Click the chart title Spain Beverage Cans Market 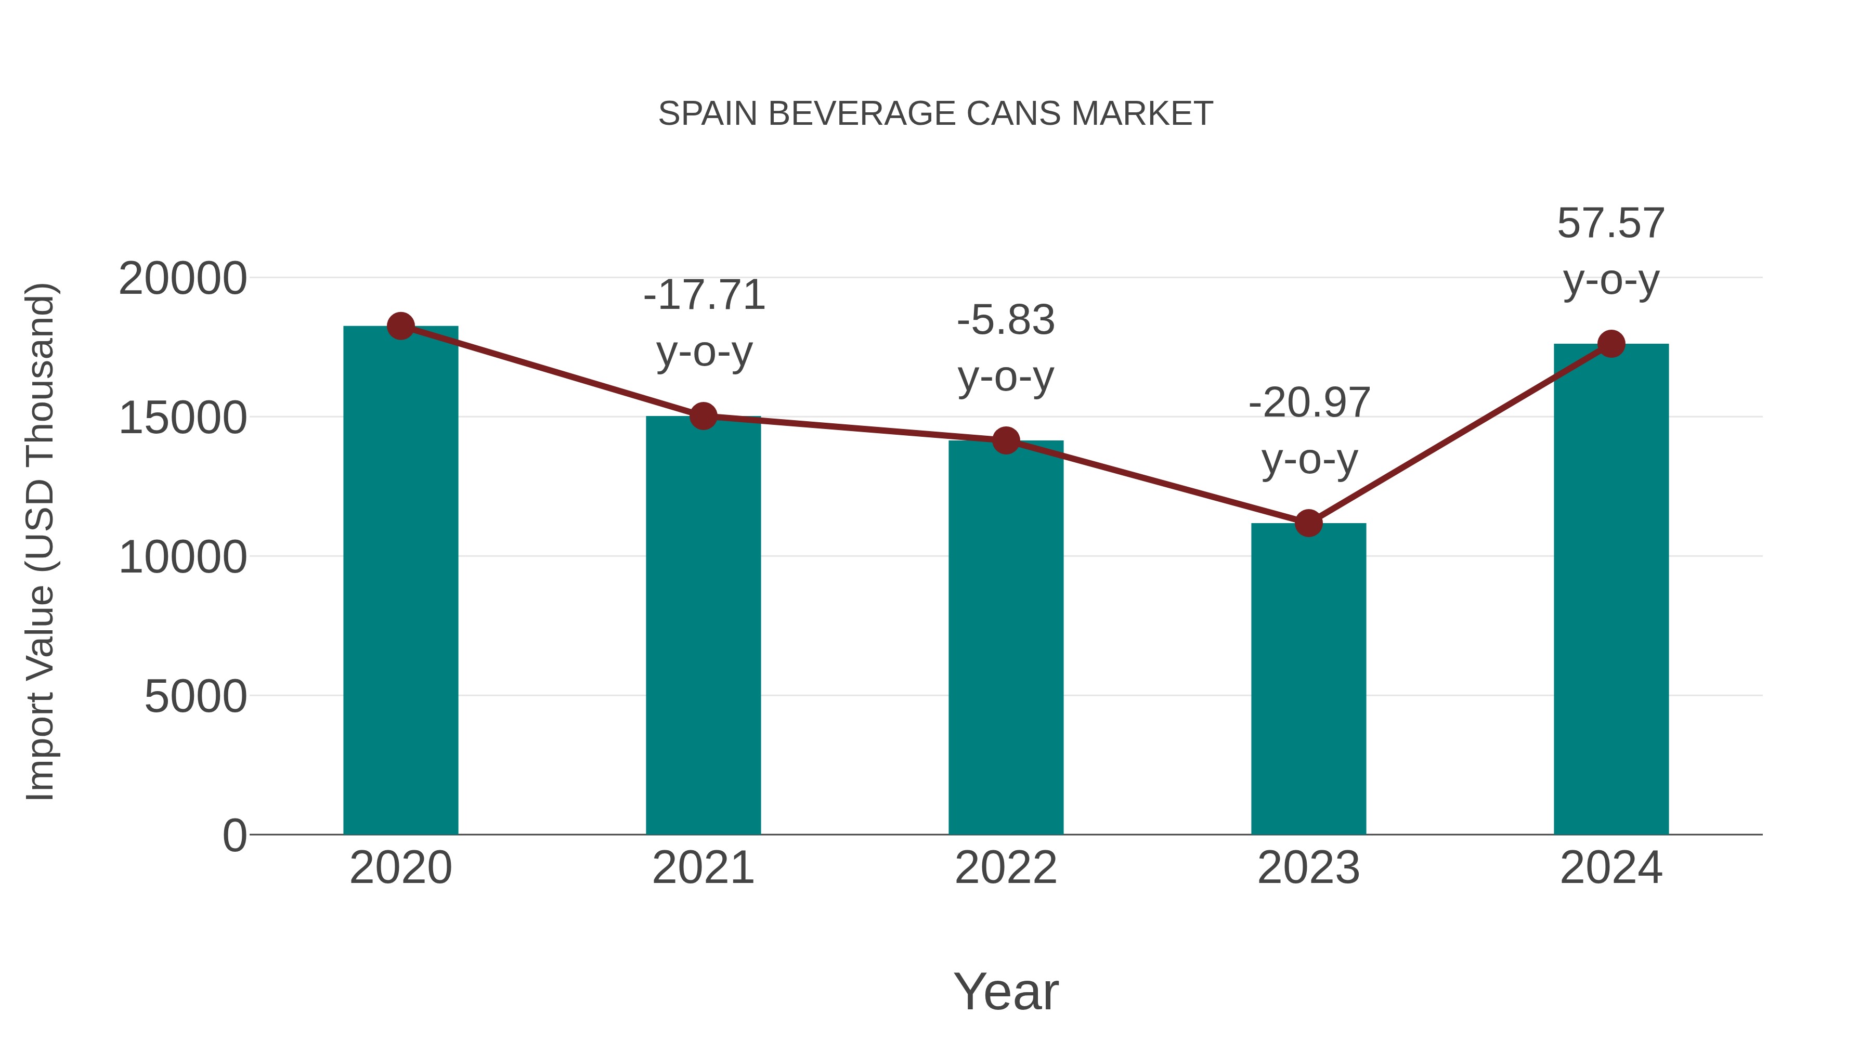[x=935, y=114]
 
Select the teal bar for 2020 [x=400, y=581]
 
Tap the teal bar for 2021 [x=703, y=625]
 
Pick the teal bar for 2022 [x=1006, y=640]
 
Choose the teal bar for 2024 [x=1611, y=589]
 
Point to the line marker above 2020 [x=400, y=326]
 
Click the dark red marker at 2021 [x=703, y=417]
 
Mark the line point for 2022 [x=1006, y=440]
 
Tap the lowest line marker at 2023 [x=1308, y=523]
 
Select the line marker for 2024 [x=1611, y=344]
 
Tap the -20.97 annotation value [x=1309, y=404]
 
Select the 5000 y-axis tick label [x=196, y=697]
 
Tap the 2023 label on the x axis [x=1308, y=868]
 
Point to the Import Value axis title [x=40, y=541]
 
